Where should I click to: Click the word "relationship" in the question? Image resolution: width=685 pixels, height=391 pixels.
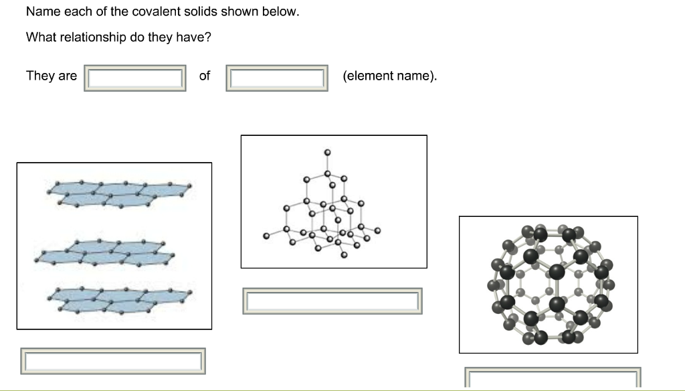coord(93,37)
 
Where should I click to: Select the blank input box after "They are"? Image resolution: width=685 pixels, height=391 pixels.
coord(135,78)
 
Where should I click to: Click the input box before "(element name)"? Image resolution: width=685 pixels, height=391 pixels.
coord(277,78)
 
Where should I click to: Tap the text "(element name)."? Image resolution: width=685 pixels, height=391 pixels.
coord(390,76)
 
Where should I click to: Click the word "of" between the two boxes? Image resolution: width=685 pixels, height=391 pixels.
coord(205,76)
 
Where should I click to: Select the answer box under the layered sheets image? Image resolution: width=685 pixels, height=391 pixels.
coord(113,361)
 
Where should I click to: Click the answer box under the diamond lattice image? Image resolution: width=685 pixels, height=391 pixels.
coord(332,301)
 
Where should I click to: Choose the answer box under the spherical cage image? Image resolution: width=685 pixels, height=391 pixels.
coord(553,378)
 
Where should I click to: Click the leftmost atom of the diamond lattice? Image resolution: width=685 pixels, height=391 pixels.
coord(267,236)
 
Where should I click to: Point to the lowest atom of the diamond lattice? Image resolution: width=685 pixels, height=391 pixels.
coord(343,255)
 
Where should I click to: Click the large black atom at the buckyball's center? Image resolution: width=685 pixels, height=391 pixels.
coord(556,272)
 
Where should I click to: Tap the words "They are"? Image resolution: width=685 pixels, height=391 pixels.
coord(52,76)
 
